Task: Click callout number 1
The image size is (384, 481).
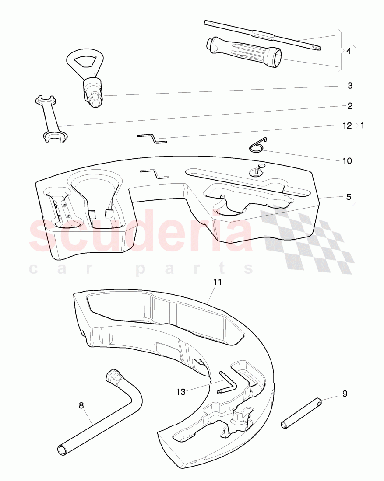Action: point(362,125)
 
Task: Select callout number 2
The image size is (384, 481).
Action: point(350,106)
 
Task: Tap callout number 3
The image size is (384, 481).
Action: point(350,86)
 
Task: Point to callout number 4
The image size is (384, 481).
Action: point(349,51)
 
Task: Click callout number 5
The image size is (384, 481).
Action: point(349,197)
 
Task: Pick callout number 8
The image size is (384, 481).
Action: point(81,405)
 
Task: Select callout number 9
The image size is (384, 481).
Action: point(345,394)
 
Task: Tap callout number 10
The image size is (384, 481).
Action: point(347,161)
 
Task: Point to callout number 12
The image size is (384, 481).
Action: point(347,126)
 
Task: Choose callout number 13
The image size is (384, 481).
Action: point(181,392)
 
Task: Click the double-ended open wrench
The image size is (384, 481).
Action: point(51,120)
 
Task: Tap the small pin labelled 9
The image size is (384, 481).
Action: point(302,413)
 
